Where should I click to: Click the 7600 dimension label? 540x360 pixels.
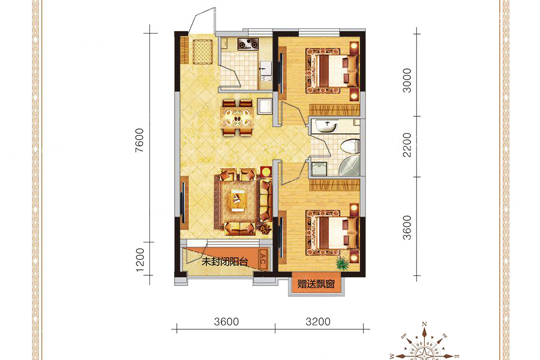(x=139, y=140)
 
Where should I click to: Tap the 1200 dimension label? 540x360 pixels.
(x=140, y=260)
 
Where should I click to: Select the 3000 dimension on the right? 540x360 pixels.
(x=407, y=80)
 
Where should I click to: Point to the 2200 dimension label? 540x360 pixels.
(x=407, y=145)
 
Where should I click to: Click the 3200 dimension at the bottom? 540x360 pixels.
(x=318, y=322)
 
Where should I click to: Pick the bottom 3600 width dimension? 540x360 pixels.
(x=226, y=322)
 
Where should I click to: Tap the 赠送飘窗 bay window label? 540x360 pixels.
(x=316, y=284)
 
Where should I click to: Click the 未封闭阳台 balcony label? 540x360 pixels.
(x=224, y=262)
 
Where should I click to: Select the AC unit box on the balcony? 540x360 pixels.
(x=262, y=259)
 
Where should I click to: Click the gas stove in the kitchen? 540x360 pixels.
(x=248, y=44)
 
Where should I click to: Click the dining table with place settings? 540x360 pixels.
(x=237, y=118)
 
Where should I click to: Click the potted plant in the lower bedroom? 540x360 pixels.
(x=343, y=262)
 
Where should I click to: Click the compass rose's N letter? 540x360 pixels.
(x=425, y=324)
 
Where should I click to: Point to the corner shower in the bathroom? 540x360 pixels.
(x=349, y=166)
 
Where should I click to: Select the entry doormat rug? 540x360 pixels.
(x=203, y=52)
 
